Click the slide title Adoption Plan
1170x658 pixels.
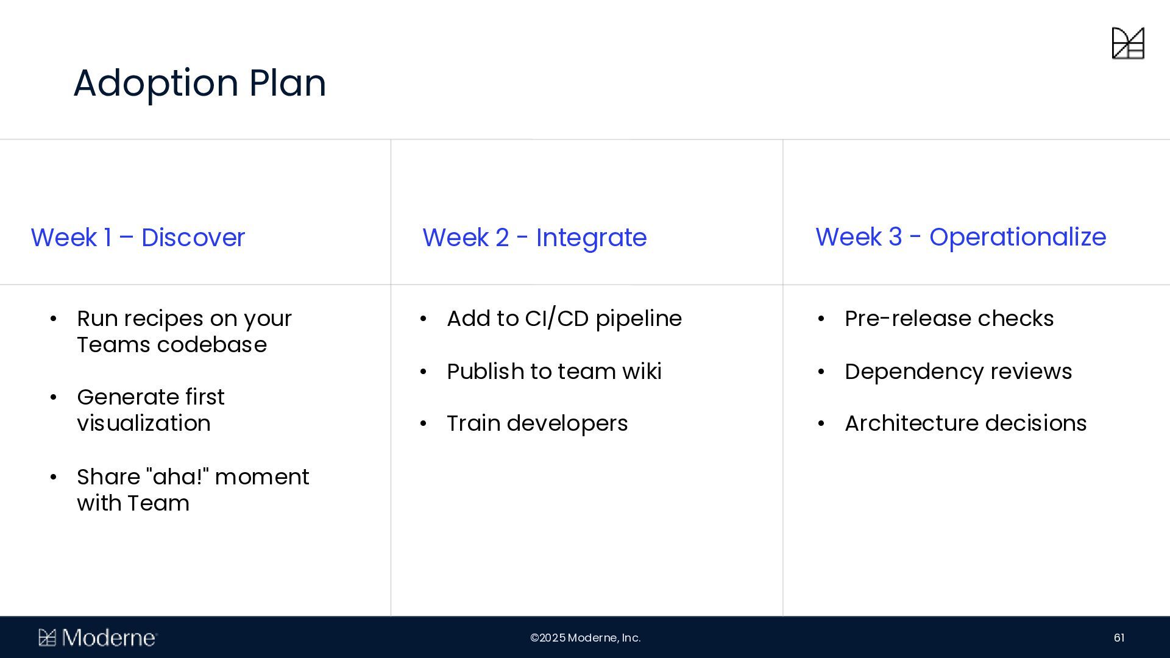tap(200, 83)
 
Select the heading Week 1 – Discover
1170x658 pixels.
tap(138, 238)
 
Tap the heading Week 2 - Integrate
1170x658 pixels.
tap(534, 238)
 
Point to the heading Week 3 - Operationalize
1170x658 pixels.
tap(960, 238)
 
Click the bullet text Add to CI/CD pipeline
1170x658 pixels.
tap(564, 319)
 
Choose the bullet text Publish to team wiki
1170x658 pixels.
tap(554, 372)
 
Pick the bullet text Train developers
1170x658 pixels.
tap(537, 423)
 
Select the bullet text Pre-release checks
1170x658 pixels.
tap(949, 319)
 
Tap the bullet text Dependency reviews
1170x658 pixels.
tap(958, 372)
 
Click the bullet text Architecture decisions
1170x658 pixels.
tap(965, 423)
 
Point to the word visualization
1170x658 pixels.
tap(144, 423)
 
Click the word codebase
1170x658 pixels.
tap(211, 345)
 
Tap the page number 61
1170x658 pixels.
tap(1119, 638)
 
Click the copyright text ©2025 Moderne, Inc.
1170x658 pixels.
tap(585, 638)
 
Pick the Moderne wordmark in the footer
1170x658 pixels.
tap(98, 638)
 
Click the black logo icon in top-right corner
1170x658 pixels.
tap(1128, 43)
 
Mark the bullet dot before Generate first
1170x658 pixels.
tap(54, 398)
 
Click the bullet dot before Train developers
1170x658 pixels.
tap(424, 423)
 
